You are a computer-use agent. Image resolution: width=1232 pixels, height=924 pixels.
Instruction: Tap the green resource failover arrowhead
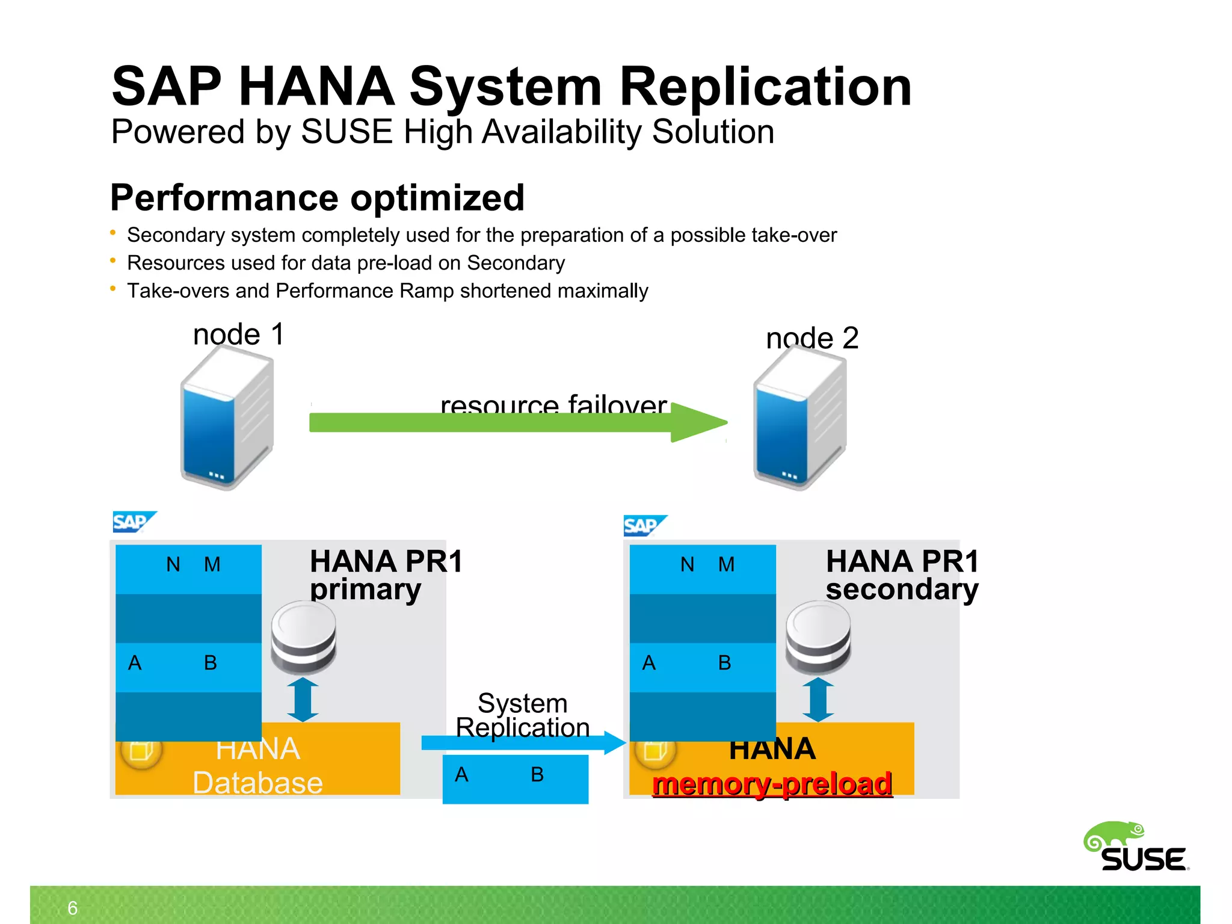point(698,422)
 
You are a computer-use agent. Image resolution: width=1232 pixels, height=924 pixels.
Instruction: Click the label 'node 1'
point(238,334)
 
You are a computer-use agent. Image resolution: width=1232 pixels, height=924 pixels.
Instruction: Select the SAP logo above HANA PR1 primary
point(134,522)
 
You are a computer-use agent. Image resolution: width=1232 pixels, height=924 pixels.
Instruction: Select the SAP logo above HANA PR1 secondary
point(644,526)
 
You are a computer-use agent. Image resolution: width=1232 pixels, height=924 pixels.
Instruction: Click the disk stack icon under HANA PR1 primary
point(303,638)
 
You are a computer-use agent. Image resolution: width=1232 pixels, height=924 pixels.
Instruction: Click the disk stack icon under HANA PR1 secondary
point(818,638)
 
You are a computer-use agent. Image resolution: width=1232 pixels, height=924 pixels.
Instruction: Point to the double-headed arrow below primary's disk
point(303,700)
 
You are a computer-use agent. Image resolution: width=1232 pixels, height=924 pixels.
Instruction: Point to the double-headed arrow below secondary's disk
point(818,700)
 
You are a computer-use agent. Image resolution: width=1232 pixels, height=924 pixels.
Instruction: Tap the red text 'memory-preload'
point(772,784)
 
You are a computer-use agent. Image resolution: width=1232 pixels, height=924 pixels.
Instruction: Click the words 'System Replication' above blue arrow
point(522,715)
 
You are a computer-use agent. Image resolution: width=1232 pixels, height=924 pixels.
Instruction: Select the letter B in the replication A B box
point(537,775)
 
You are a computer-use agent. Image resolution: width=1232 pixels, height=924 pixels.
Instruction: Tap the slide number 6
point(73,908)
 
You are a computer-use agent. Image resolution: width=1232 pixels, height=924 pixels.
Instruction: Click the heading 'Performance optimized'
point(317,198)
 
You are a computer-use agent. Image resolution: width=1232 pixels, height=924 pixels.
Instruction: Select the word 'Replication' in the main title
point(765,87)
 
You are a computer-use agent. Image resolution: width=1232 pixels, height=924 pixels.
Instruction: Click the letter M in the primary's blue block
point(212,564)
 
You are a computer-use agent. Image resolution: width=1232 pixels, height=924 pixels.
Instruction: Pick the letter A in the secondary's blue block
point(648,663)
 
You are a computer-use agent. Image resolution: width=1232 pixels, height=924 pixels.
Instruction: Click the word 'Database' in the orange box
point(257,783)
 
